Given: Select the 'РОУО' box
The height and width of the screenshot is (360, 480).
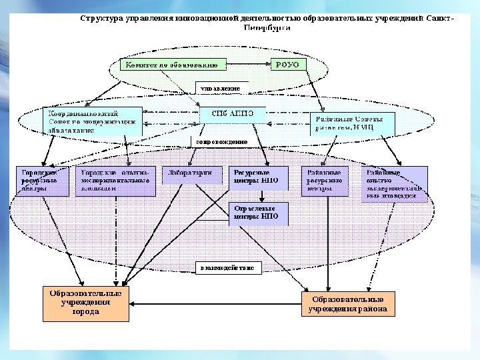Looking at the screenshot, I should pos(288,65).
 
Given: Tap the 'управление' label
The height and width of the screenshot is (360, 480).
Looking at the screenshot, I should pos(221,87).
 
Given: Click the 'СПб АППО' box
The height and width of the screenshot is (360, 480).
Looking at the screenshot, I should pos(233,114).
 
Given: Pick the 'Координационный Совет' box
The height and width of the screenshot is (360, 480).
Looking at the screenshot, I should pos(93,121).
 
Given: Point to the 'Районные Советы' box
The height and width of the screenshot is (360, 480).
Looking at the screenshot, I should pos(352,123).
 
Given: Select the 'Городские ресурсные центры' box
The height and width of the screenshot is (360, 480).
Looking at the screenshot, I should pos(41,181).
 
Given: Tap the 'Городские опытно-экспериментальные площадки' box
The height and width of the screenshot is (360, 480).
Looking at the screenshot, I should pos(115,181).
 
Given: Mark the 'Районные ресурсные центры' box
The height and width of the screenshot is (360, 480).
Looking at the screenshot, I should pos(325,181).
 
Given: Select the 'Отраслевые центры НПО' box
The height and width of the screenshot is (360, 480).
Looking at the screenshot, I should pos(258,213).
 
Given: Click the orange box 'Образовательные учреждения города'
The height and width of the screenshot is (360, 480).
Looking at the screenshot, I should pos(86,303).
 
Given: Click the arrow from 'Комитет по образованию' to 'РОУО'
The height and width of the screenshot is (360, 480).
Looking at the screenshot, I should pos(249,65).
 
